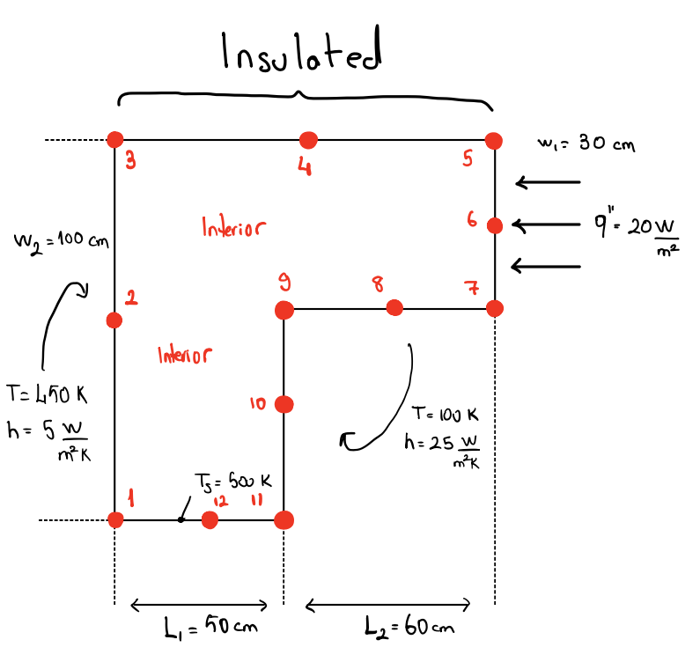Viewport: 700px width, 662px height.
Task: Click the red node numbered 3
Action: point(114,139)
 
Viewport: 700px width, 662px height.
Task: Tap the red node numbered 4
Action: point(307,139)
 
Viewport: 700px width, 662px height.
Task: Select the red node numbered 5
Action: point(494,140)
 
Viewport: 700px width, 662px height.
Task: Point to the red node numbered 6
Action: point(495,225)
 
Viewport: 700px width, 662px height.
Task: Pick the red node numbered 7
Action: point(494,308)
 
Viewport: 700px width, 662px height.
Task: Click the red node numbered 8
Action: point(394,307)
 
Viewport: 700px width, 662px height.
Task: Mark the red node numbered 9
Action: point(284,309)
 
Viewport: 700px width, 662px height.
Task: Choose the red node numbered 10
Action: point(284,404)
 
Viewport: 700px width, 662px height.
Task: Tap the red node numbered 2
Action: point(114,320)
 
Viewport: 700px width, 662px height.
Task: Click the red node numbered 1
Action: point(115,519)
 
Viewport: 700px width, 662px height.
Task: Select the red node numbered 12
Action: point(210,519)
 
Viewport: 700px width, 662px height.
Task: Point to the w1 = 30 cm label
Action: point(585,143)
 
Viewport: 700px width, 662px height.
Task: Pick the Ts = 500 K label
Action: point(232,482)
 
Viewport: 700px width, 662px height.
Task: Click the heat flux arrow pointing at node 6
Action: point(546,226)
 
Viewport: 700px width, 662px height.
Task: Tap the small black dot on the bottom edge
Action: point(180,519)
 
